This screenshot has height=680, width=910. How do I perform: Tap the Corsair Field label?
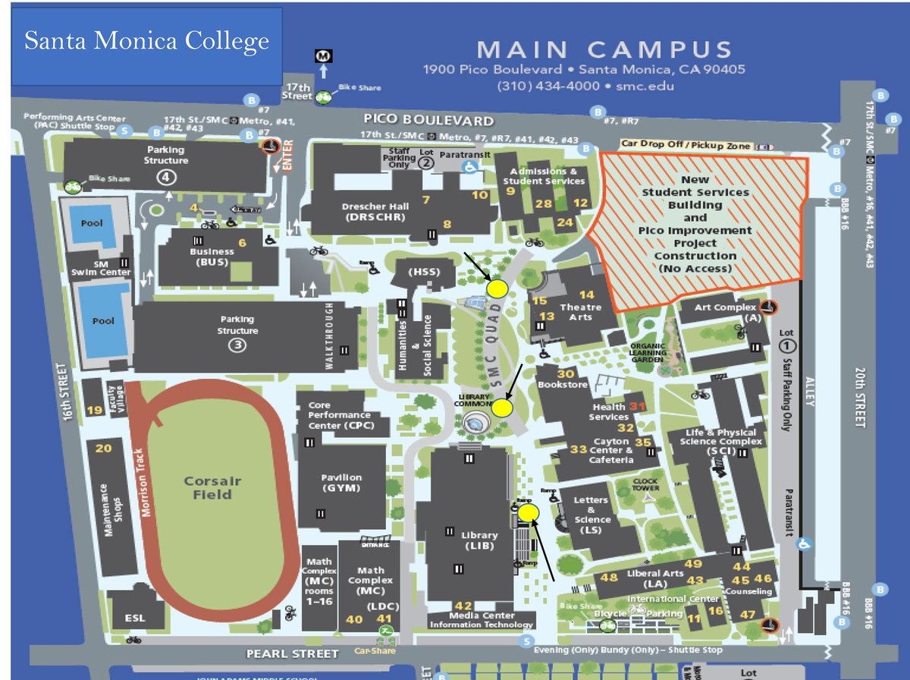(212, 487)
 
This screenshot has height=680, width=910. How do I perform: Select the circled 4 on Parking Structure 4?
(166, 177)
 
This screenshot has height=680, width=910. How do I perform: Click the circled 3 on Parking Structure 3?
(237, 345)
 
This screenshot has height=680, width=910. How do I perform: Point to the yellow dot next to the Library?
(528, 514)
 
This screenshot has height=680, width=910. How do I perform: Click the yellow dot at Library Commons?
(502, 408)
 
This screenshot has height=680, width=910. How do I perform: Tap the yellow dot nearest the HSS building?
(497, 288)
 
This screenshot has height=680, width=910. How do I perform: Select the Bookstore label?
(562, 385)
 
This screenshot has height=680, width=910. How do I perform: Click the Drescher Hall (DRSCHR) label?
(375, 212)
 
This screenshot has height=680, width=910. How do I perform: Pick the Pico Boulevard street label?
(428, 120)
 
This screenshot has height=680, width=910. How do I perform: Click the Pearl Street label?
(293, 653)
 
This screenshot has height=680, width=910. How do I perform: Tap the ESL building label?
(134, 618)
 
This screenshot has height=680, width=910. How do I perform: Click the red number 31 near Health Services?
(637, 406)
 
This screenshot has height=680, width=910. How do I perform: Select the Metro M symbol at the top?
(323, 55)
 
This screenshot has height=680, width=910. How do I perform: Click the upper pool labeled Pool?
(91, 224)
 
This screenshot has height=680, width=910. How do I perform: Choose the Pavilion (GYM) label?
(341, 483)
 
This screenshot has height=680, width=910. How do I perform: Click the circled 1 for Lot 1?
(786, 346)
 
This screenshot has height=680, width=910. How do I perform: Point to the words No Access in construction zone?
(695, 269)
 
